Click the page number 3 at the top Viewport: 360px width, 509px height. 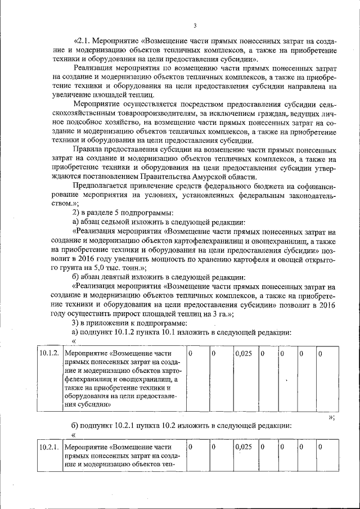[x=194, y=25]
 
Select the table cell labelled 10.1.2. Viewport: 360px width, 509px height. [x=49, y=353]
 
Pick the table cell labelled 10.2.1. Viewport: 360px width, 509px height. [x=49, y=447]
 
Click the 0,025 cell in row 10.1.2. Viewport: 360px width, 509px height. [x=243, y=353]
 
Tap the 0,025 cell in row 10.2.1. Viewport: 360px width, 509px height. [x=243, y=447]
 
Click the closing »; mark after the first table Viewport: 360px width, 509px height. [x=331, y=417]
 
